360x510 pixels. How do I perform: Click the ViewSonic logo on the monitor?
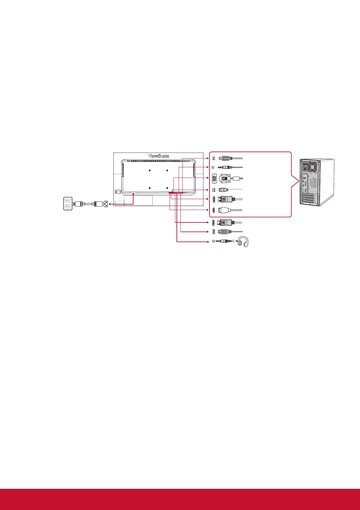pyautogui.click(x=158, y=156)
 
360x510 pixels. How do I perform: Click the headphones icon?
pyautogui.click(x=243, y=242)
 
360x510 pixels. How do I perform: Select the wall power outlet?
pyautogui.click(x=68, y=203)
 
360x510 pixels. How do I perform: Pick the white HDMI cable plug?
pyautogui.click(x=225, y=210)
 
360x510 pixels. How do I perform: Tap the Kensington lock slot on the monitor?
pyautogui.click(x=118, y=192)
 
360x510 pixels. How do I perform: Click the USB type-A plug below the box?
pyautogui.click(x=224, y=232)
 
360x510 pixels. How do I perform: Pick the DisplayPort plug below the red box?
pyautogui.click(x=225, y=222)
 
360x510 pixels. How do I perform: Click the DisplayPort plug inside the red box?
pyautogui.click(x=225, y=199)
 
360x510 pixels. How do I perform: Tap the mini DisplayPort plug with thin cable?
pyautogui.click(x=224, y=190)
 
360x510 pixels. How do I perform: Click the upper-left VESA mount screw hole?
pyautogui.click(x=150, y=171)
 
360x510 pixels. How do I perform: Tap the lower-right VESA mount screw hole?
pyautogui.click(x=167, y=188)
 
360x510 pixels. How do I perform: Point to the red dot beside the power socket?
pyautogui.click(x=110, y=204)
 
